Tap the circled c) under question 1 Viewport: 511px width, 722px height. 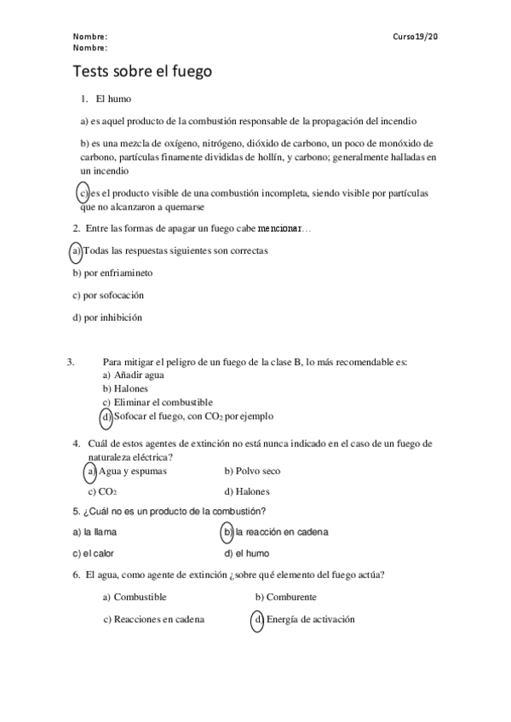83,194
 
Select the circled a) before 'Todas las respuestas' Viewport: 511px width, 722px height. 76,251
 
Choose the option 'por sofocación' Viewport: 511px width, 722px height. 108,295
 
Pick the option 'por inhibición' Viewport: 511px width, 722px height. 107,318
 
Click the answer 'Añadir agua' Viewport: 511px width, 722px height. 139,375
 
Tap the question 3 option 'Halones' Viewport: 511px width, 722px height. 131,388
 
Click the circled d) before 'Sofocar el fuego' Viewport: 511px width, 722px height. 106,416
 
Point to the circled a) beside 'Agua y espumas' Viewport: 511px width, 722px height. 89,471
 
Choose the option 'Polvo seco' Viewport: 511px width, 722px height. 252,471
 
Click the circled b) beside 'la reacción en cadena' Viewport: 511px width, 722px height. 227,532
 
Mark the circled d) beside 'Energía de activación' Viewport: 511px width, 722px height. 257,620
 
